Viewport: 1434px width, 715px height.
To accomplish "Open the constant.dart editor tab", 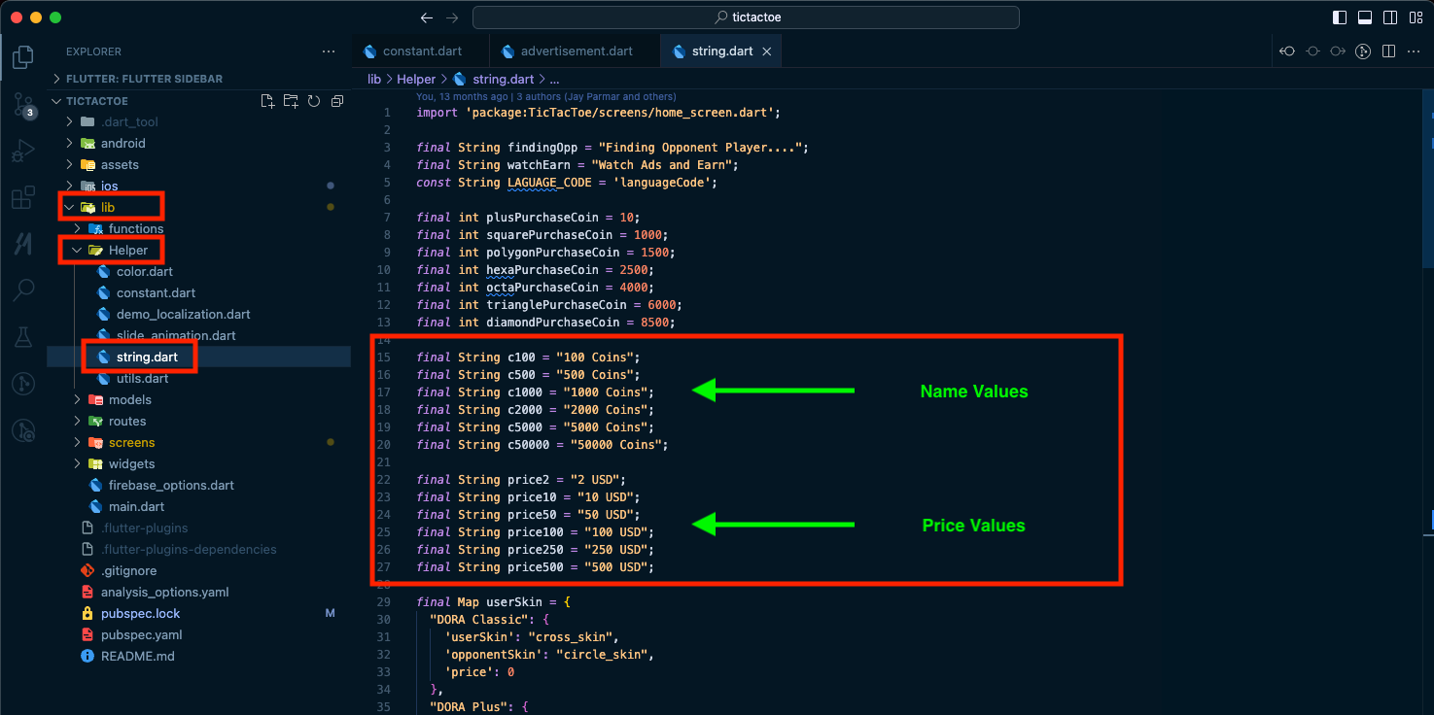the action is (413, 51).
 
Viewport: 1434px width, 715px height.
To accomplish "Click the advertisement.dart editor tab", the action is (568, 51).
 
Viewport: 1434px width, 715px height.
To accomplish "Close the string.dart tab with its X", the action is (766, 51).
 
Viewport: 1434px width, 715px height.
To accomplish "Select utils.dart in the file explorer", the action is (142, 379).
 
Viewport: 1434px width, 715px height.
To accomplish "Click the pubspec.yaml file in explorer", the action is (141, 635).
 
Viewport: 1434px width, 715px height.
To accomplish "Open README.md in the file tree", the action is (137, 656).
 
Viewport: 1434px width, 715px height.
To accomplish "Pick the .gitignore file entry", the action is (128, 570).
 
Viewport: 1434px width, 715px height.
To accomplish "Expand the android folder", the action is (122, 143).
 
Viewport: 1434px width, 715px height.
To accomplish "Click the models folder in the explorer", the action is (129, 399).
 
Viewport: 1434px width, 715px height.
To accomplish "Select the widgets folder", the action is (131, 463).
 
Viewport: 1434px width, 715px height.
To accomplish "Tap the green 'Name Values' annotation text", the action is (974, 392).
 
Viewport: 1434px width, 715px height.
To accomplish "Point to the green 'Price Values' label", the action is (973, 525).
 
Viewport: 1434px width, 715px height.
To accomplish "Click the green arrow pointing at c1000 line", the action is (773, 391).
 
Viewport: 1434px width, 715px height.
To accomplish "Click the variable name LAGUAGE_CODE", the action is (549, 183).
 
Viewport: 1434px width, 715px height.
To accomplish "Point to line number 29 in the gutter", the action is (383, 601).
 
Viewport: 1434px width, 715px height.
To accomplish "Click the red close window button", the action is (17, 17).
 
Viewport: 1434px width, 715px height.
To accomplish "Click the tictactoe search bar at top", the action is (746, 17).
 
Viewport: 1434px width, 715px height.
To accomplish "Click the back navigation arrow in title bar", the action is (427, 17).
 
